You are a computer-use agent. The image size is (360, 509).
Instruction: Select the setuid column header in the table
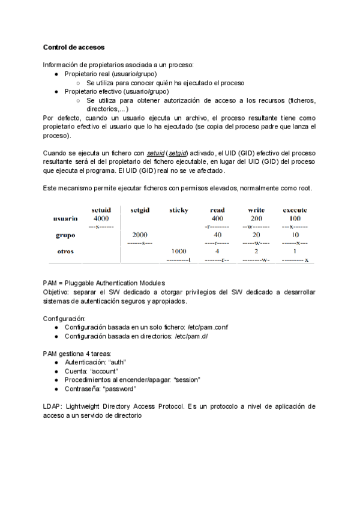(100, 210)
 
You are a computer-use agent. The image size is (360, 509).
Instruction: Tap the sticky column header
(178, 210)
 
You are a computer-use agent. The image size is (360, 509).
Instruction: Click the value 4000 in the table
(100, 218)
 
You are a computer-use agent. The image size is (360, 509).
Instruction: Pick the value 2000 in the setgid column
(140, 235)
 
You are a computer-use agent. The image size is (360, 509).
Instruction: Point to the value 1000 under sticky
(178, 251)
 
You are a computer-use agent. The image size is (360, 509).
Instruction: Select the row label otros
(65, 251)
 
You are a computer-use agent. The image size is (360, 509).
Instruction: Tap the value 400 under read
(217, 218)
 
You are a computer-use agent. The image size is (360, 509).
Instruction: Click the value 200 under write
(256, 218)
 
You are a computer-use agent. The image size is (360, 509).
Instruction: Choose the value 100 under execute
(295, 218)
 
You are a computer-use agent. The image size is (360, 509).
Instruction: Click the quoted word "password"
(118, 388)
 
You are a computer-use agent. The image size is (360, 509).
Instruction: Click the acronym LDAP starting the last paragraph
(52, 406)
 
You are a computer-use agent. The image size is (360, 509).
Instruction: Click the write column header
(256, 210)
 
